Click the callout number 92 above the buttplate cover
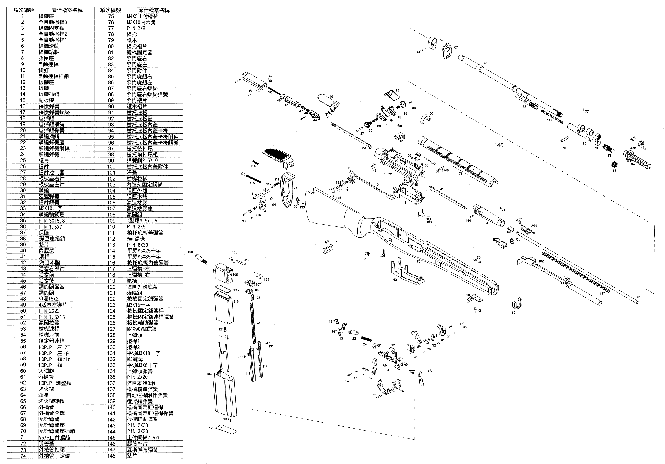(x=273, y=146)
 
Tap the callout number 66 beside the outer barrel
(x=485, y=63)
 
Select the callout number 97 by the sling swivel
(x=335, y=242)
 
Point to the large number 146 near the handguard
(x=499, y=145)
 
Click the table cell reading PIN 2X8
(x=136, y=28)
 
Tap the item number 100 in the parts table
(x=111, y=167)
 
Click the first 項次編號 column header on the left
(x=23, y=10)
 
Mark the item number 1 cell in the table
(x=23, y=16)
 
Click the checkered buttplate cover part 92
(x=277, y=156)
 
